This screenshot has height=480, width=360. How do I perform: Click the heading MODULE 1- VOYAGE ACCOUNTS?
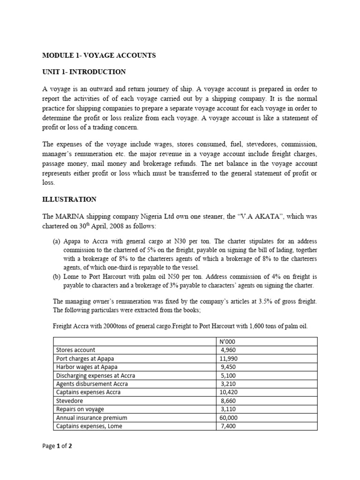pos(99,55)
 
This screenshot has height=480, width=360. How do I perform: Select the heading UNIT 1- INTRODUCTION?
pos(84,72)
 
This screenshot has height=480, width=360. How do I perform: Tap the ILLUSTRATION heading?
pos(69,199)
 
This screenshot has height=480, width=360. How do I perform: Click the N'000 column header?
pos(227,341)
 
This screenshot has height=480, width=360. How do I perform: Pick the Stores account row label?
pos(75,350)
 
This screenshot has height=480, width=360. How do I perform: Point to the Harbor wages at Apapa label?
pos(87,367)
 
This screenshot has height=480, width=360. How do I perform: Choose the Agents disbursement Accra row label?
pos(92,383)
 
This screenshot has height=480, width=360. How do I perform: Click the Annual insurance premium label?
pos(91,418)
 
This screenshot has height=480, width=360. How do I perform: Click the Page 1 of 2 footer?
pos(57,446)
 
